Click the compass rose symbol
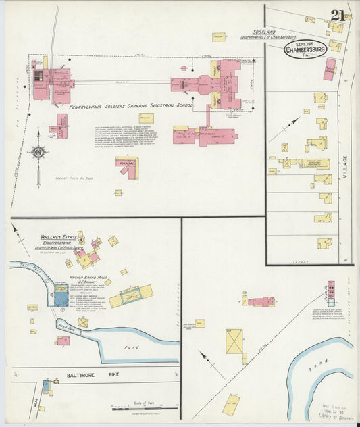[38, 152]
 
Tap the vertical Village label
[344, 167]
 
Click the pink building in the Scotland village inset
[329, 70]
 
